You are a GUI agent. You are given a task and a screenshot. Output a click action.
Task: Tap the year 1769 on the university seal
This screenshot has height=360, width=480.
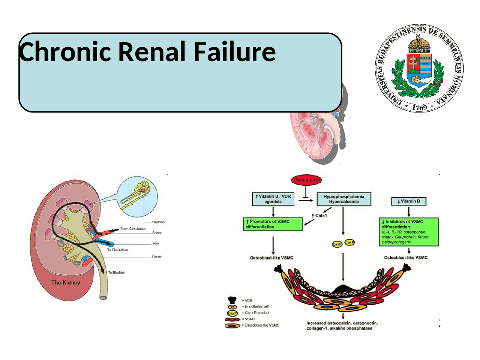tap(419, 107)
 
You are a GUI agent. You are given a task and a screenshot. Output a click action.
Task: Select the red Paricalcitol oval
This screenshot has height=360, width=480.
tap(306, 180)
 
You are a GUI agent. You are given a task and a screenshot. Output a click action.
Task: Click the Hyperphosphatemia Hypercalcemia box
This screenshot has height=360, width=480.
tap(343, 199)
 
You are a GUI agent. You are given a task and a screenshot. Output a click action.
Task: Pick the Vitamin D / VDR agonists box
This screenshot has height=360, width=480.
tap(273, 199)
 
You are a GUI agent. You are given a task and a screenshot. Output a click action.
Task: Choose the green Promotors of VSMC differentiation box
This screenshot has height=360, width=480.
tap(273, 224)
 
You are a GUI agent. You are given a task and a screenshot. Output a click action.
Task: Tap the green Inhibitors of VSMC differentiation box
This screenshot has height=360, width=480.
tap(409, 232)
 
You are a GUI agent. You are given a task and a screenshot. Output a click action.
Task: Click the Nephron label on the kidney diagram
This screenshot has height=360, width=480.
tap(158, 222)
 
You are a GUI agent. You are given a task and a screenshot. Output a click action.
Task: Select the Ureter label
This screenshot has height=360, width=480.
tap(157, 257)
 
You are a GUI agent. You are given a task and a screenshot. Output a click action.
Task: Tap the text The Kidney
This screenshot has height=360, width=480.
tap(66, 282)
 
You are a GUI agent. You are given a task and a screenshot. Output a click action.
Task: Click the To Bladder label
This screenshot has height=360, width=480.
tap(116, 273)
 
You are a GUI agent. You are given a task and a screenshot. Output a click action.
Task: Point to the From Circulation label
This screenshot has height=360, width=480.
tap(133, 229)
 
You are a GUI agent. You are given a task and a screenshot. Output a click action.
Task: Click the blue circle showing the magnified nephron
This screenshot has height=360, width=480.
tap(137, 197)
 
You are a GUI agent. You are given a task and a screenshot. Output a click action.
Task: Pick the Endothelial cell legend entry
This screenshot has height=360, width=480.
tap(256, 306)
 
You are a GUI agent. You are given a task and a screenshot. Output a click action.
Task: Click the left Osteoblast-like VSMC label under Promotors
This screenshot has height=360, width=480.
tap(271, 258)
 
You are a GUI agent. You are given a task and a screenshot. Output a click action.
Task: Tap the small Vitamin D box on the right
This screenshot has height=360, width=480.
tap(409, 201)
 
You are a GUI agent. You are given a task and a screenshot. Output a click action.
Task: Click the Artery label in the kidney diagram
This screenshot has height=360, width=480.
tap(157, 232)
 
